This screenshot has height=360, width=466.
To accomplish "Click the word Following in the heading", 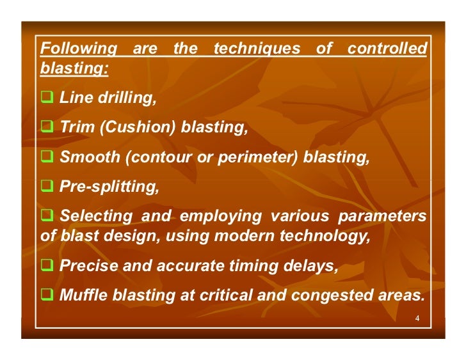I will click(78, 49).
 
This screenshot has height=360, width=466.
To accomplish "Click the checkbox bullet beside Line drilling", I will click(46, 99).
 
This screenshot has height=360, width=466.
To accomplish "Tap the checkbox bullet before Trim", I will click(46, 128).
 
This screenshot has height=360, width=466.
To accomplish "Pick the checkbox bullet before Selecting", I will click(46, 217).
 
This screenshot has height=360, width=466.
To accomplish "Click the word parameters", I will click(382, 217).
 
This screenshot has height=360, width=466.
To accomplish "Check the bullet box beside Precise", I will click(46, 266).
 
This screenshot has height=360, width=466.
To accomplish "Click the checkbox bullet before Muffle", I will click(46, 295).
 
